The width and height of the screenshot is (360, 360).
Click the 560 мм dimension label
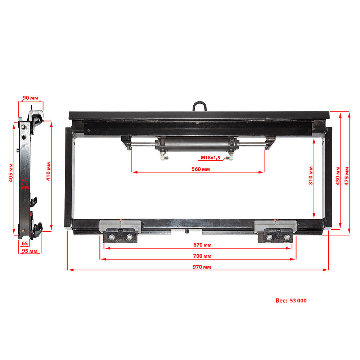click(x=201, y=169)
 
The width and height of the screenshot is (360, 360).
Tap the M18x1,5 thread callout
click(x=210, y=158)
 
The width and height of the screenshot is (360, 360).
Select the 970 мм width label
click(x=202, y=267)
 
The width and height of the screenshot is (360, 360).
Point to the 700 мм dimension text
click(x=202, y=256)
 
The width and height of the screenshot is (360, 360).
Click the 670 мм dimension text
click(x=202, y=245)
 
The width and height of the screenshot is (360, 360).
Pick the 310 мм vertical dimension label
click(x=311, y=175)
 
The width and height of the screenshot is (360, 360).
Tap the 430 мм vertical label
click(x=338, y=176)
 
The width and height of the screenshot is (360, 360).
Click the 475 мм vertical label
click(x=347, y=176)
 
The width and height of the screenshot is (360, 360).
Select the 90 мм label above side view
click(x=31, y=98)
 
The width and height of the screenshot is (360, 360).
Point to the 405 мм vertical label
click(x=11, y=173)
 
